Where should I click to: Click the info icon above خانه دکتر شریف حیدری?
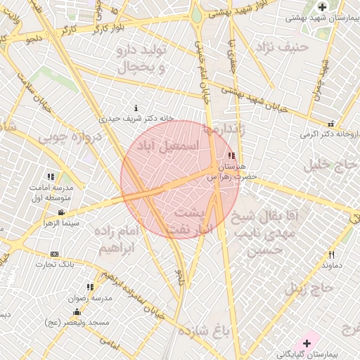[x=117, y=107]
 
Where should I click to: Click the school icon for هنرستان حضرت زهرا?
[x=232, y=155]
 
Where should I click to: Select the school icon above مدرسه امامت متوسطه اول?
[x=51, y=176]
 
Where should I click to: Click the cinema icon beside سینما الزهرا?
[x=61, y=212]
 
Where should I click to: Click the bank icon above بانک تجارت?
[x=55, y=254]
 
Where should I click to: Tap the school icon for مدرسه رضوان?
[x=90, y=287]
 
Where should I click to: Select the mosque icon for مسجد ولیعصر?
[x=77, y=310]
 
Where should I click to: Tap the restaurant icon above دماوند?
[x=331, y=255]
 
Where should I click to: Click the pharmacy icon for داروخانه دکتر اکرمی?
[x=330, y=124]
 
